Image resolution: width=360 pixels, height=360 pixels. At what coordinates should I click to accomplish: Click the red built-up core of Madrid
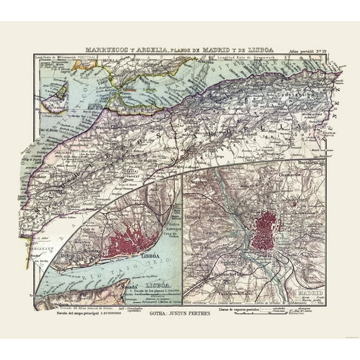click(x=267, y=233)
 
